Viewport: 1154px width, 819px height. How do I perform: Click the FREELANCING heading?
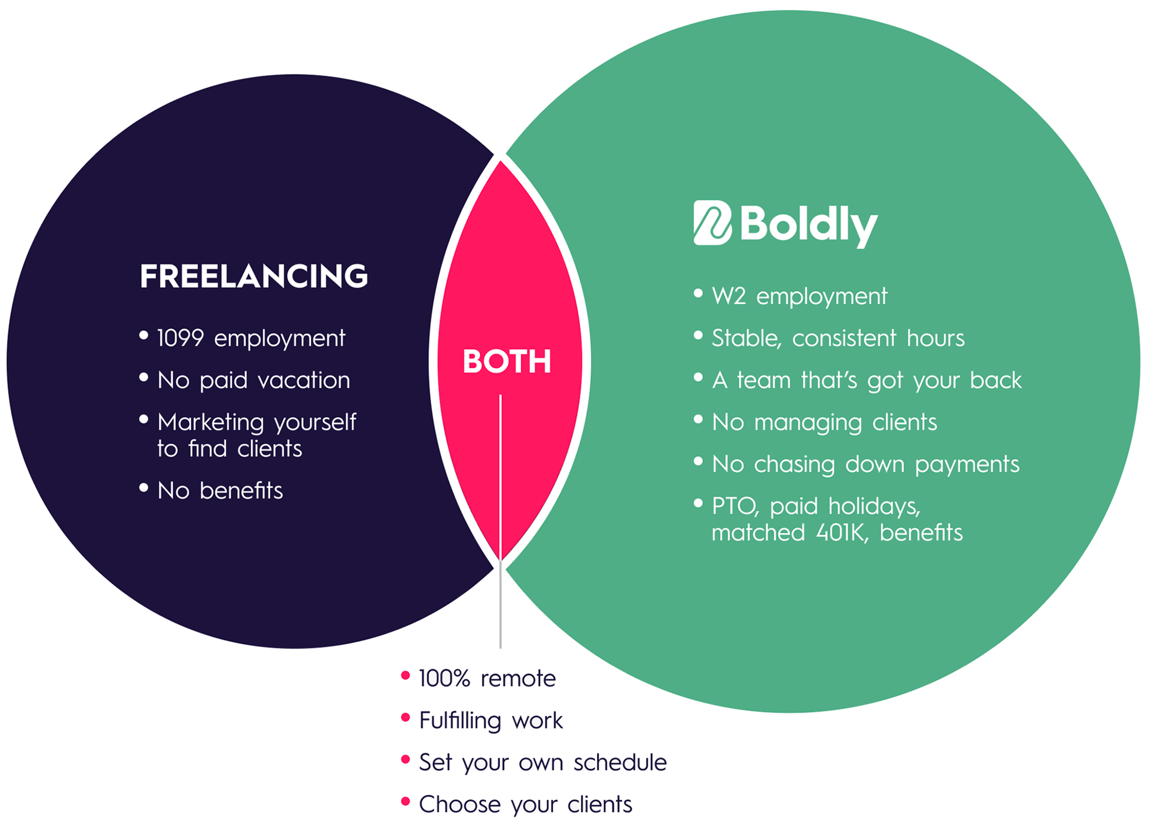tap(253, 276)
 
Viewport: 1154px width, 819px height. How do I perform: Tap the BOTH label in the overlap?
tap(507, 362)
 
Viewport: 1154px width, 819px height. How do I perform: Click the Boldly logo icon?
tap(713, 222)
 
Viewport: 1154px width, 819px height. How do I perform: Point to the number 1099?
tap(180, 338)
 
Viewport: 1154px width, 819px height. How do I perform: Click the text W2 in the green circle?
tap(729, 297)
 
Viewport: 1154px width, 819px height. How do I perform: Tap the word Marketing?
tap(211, 423)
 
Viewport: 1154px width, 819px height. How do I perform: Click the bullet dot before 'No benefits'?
tap(144, 488)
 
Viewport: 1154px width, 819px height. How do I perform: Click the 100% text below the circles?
tap(444, 678)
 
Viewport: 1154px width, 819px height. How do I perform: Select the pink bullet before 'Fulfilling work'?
tap(406, 718)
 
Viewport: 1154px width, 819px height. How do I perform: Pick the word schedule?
tap(620, 763)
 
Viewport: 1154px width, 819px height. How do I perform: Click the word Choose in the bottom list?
tap(459, 804)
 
